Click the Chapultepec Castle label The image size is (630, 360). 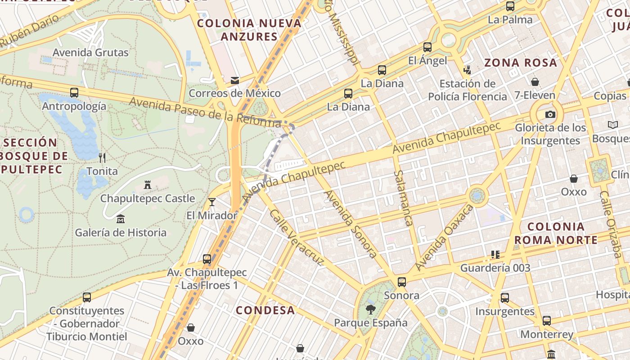click(x=148, y=198)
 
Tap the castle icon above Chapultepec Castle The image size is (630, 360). click(x=147, y=184)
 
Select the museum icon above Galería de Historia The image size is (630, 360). click(x=121, y=219)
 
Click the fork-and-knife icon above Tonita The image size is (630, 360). click(x=102, y=157)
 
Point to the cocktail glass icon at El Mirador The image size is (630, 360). click(x=212, y=202)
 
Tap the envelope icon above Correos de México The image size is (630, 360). click(x=234, y=81)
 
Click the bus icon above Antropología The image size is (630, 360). click(x=74, y=93)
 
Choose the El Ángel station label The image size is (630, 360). click(x=427, y=60)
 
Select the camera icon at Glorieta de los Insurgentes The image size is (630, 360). click(x=550, y=114)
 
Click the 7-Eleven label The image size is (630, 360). click(x=535, y=95)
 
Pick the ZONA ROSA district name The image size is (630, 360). click(x=521, y=63)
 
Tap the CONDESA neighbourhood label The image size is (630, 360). click(x=265, y=310)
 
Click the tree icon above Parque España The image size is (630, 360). click(x=370, y=309)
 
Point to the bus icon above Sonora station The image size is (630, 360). click(x=401, y=282)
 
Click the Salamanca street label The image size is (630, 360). click(x=403, y=198)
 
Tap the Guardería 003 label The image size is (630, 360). click(x=495, y=268)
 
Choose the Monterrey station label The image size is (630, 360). click(x=546, y=334)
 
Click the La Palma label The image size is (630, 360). click(x=510, y=20)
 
